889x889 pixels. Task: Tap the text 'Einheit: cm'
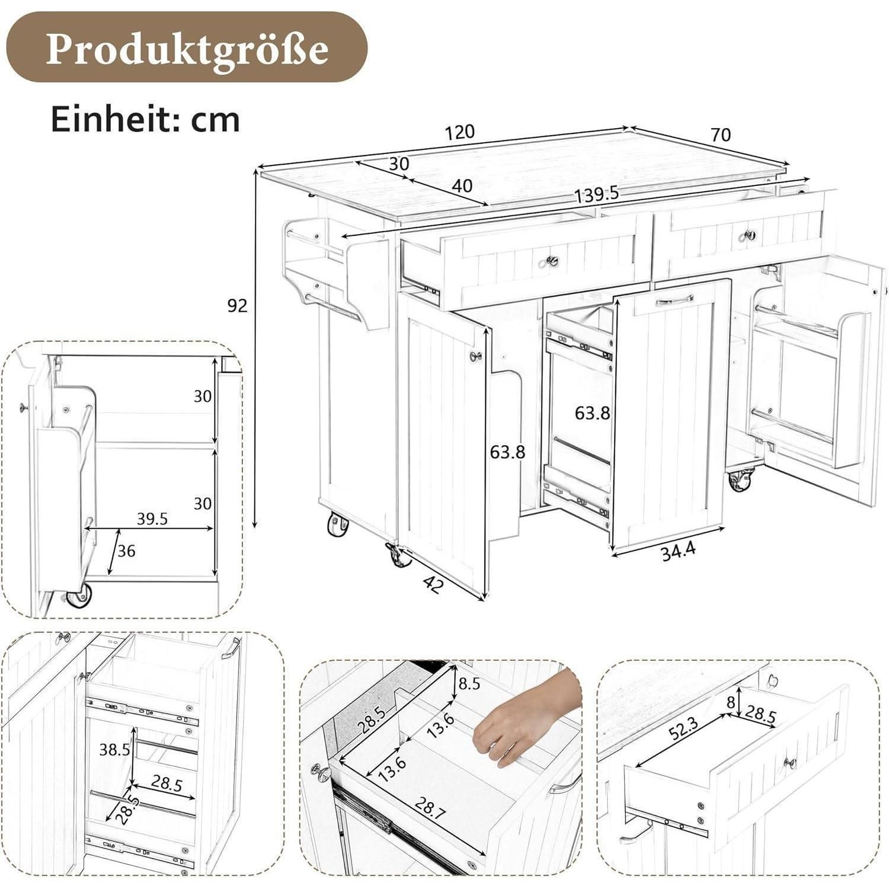pyautogui.click(x=145, y=119)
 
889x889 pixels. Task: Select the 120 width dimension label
pyautogui.click(x=460, y=132)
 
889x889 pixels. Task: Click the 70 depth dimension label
pyautogui.click(x=720, y=135)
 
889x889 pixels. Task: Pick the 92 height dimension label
pyautogui.click(x=237, y=305)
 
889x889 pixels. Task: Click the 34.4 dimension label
pyautogui.click(x=678, y=552)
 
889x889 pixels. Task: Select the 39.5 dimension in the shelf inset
pyautogui.click(x=152, y=519)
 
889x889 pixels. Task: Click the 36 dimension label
pyautogui.click(x=126, y=551)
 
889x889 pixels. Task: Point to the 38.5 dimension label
pyautogui.click(x=114, y=750)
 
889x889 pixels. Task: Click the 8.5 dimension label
pyautogui.click(x=469, y=683)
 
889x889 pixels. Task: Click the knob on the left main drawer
pyautogui.click(x=552, y=260)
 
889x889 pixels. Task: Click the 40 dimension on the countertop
pyautogui.click(x=462, y=186)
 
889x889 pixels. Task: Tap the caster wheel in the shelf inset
pyautogui.click(x=79, y=594)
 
